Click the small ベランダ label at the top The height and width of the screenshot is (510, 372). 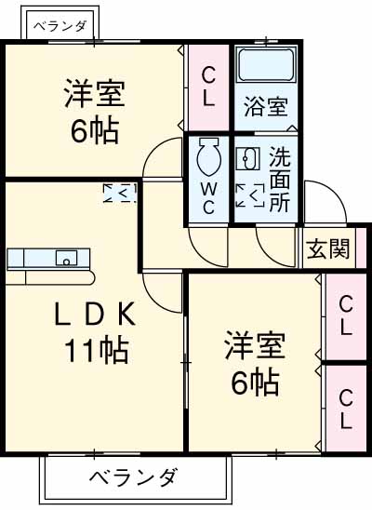pos(60,27)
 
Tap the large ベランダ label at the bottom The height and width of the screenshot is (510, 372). pos(135,478)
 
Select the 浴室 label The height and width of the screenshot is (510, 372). pos(265,106)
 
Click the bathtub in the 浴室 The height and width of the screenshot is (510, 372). pos(265,65)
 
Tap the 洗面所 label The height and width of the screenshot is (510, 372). pos(279,181)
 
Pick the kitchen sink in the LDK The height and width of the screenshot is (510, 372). pos(66,258)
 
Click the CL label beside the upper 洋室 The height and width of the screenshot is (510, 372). pos(208,87)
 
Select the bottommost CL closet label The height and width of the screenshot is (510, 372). pos(345,409)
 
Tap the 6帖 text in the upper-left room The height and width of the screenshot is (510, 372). pos(94,131)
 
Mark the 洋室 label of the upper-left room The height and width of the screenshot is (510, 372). pos(94,94)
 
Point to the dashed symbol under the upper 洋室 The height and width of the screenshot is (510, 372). pos(120,193)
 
